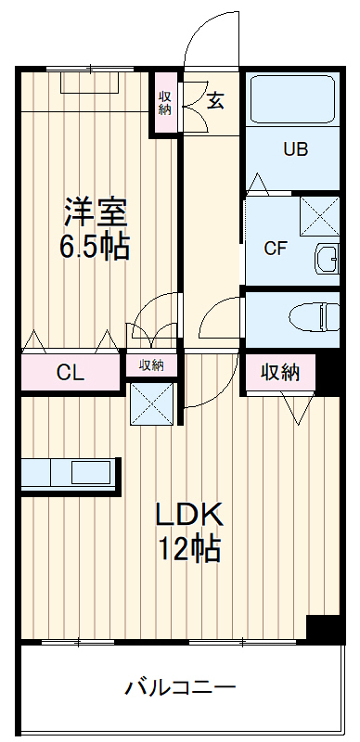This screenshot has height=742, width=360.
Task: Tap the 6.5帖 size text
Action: point(96,247)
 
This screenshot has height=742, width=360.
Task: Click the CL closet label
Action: point(71,374)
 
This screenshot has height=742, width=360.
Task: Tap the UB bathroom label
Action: point(295,149)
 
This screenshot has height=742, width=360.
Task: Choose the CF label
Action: point(275,248)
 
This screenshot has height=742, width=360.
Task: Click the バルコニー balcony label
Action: point(180,688)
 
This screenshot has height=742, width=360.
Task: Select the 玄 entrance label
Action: point(215,101)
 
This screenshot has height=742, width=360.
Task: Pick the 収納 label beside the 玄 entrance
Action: point(164,103)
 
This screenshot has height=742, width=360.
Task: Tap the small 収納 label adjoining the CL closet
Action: point(151,365)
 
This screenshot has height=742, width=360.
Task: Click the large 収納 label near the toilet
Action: point(279,373)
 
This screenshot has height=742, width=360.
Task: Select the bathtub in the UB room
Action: point(294,99)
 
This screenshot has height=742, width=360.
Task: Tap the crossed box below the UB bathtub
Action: point(320,216)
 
